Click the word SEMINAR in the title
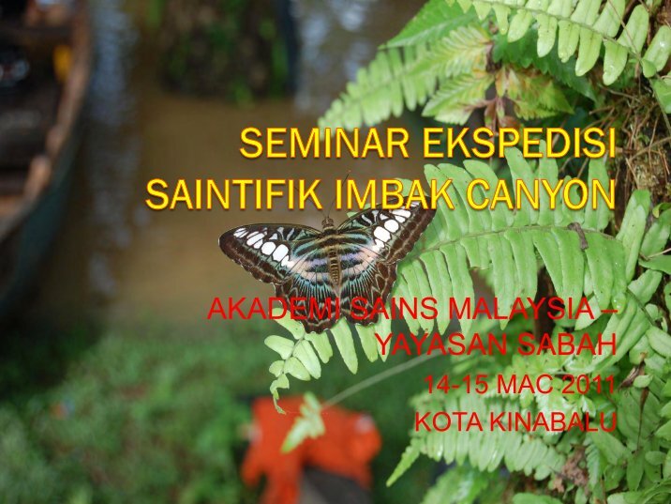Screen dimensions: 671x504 click(x=324, y=143)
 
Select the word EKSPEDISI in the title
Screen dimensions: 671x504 click(x=519, y=143)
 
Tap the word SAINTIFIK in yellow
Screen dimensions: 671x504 click(x=234, y=193)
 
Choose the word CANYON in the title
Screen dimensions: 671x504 click(x=541, y=193)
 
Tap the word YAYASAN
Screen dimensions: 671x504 click(x=442, y=344)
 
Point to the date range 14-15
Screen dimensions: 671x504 click(x=455, y=384)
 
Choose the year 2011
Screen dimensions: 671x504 click(x=588, y=384)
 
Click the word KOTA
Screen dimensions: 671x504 click(x=449, y=421)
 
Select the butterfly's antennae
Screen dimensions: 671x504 click(x=338, y=195)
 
